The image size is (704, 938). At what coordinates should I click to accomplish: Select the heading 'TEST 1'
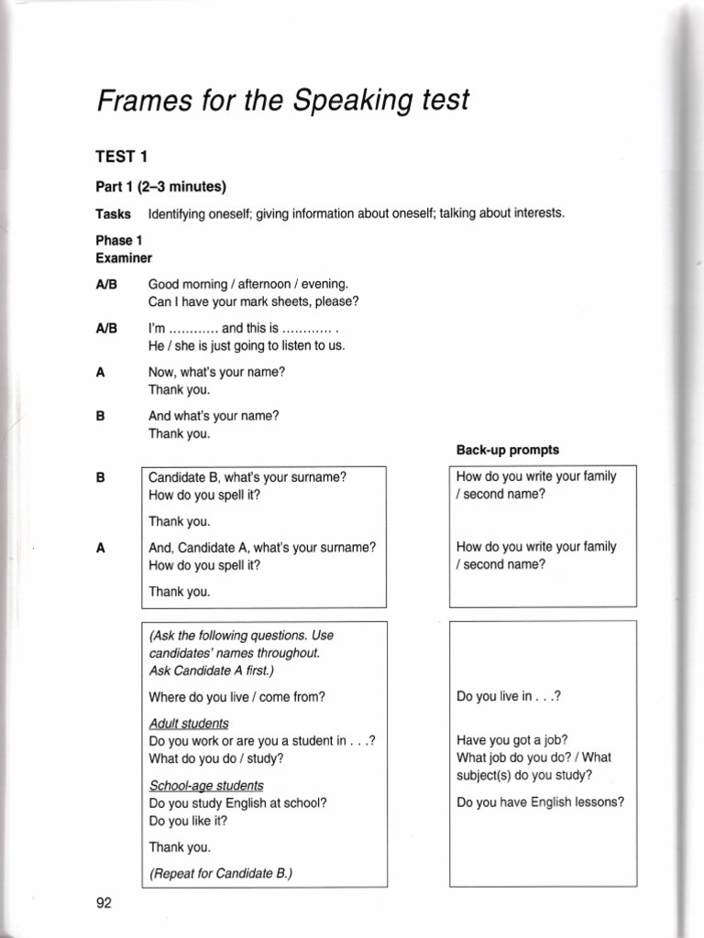[122, 157]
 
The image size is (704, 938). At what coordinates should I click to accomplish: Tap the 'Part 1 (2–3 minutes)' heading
[160, 187]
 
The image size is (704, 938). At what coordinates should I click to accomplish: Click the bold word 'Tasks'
[114, 213]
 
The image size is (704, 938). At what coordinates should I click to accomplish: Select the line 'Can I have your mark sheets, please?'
[253, 301]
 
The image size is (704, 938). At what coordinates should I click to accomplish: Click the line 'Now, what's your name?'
[216, 372]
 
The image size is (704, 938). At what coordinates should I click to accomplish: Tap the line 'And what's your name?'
[214, 415]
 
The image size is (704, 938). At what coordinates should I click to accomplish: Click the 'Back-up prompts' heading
[507, 450]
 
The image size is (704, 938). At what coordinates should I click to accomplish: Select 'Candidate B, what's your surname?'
[247, 477]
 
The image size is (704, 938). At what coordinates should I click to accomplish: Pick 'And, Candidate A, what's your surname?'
[262, 548]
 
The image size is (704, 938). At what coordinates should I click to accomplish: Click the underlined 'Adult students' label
[188, 723]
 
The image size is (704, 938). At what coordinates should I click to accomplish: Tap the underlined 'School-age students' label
[205, 785]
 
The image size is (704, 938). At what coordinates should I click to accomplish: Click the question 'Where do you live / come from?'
[236, 696]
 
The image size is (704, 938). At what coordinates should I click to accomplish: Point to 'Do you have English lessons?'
[540, 802]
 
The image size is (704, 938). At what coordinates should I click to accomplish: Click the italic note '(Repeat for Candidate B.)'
[220, 873]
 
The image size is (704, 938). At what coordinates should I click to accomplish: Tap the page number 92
[104, 903]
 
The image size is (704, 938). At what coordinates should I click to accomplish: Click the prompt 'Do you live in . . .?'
[508, 696]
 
